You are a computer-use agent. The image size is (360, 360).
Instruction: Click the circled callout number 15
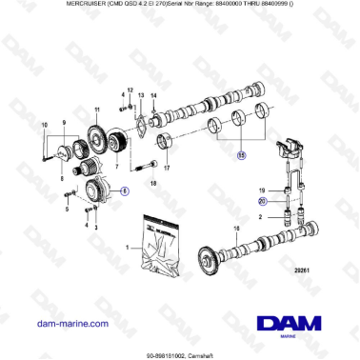(241, 154)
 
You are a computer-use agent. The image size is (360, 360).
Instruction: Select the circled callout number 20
(264, 202)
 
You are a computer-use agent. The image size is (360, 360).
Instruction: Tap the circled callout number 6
(123, 190)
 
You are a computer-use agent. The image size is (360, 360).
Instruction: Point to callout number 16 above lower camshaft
(236, 229)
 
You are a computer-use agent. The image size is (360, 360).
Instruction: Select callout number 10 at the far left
(43, 125)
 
